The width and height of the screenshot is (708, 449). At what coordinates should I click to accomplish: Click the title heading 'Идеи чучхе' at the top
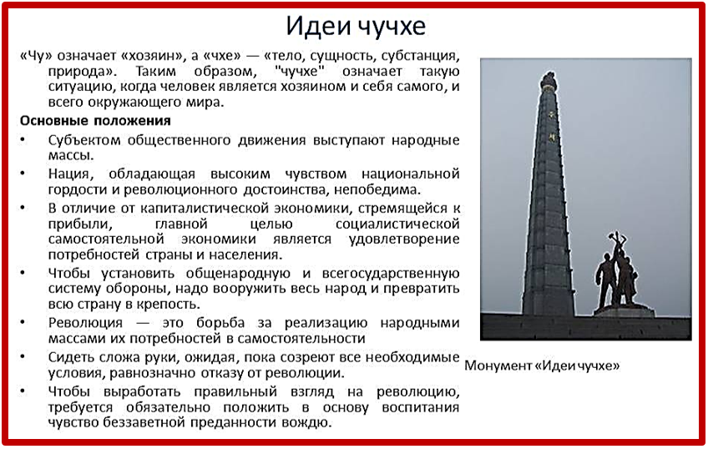pyautogui.click(x=356, y=26)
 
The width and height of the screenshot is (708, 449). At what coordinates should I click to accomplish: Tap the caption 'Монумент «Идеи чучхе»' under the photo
pyautogui.click(x=542, y=366)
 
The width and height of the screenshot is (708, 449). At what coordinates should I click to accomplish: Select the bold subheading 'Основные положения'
pyautogui.click(x=95, y=121)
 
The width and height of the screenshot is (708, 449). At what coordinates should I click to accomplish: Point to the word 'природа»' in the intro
pyautogui.click(x=82, y=72)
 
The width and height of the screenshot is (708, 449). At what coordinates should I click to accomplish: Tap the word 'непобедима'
pyautogui.click(x=377, y=190)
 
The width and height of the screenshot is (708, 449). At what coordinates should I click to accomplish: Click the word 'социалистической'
pyautogui.click(x=397, y=224)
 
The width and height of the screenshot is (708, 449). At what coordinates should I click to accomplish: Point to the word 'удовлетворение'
pyautogui.click(x=404, y=240)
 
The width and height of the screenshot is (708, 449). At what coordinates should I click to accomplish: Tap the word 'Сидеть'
pyautogui.click(x=70, y=357)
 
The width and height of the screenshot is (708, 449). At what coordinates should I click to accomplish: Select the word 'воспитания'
pyautogui.click(x=421, y=407)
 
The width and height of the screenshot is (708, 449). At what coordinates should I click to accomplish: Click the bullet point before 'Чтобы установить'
pyautogui.click(x=23, y=273)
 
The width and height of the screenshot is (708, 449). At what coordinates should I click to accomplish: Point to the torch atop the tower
pyautogui.click(x=549, y=80)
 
